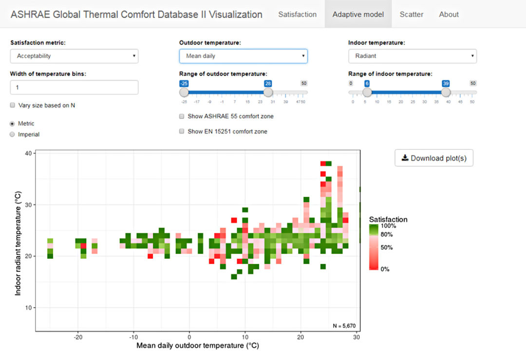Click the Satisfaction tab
pyautogui.click(x=297, y=14)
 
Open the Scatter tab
pyautogui.click(x=412, y=14)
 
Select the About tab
pyautogui.click(x=449, y=14)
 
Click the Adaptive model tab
pyautogui.click(x=358, y=14)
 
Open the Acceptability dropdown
pyautogui.click(x=74, y=56)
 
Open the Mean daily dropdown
pyautogui.click(x=243, y=56)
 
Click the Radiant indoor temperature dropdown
pyautogui.click(x=412, y=56)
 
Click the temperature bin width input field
pyautogui.click(x=74, y=88)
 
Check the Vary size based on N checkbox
pyautogui.click(x=12, y=105)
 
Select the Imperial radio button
pyautogui.click(x=12, y=134)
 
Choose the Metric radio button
pyautogui.click(x=12, y=124)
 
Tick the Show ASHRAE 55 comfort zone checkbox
pyautogui.click(x=182, y=116)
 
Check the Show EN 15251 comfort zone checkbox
pyautogui.click(x=182, y=132)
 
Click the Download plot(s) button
pyautogui.click(x=433, y=158)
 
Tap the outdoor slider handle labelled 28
pyautogui.click(x=268, y=92)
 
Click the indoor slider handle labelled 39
pyautogui.click(x=446, y=92)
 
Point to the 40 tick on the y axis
pyautogui.click(x=28, y=153)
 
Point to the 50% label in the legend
pyautogui.click(x=387, y=247)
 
